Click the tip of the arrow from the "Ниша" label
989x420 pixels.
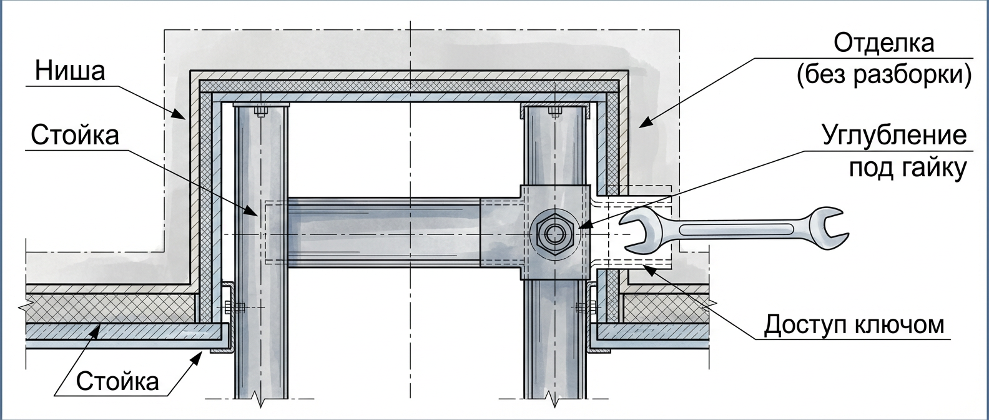tap(185, 119)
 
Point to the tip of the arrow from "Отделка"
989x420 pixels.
tap(639, 127)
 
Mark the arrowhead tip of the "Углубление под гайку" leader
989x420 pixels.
tap(578, 227)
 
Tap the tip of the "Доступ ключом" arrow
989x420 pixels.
tap(644, 265)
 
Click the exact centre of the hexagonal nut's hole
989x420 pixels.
tap(554, 234)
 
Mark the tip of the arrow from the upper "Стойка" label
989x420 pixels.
tap(257, 216)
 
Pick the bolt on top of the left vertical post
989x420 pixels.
tap(260, 111)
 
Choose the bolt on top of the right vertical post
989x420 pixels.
tap(554, 111)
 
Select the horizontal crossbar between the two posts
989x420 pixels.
tap(383, 232)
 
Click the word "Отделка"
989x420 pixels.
tap(884, 43)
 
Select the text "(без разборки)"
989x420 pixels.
tap(884, 75)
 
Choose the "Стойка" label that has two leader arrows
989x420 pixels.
tap(117, 381)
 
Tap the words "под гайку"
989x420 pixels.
tap(908, 168)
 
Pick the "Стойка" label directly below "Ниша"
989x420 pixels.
tap(75, 135)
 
